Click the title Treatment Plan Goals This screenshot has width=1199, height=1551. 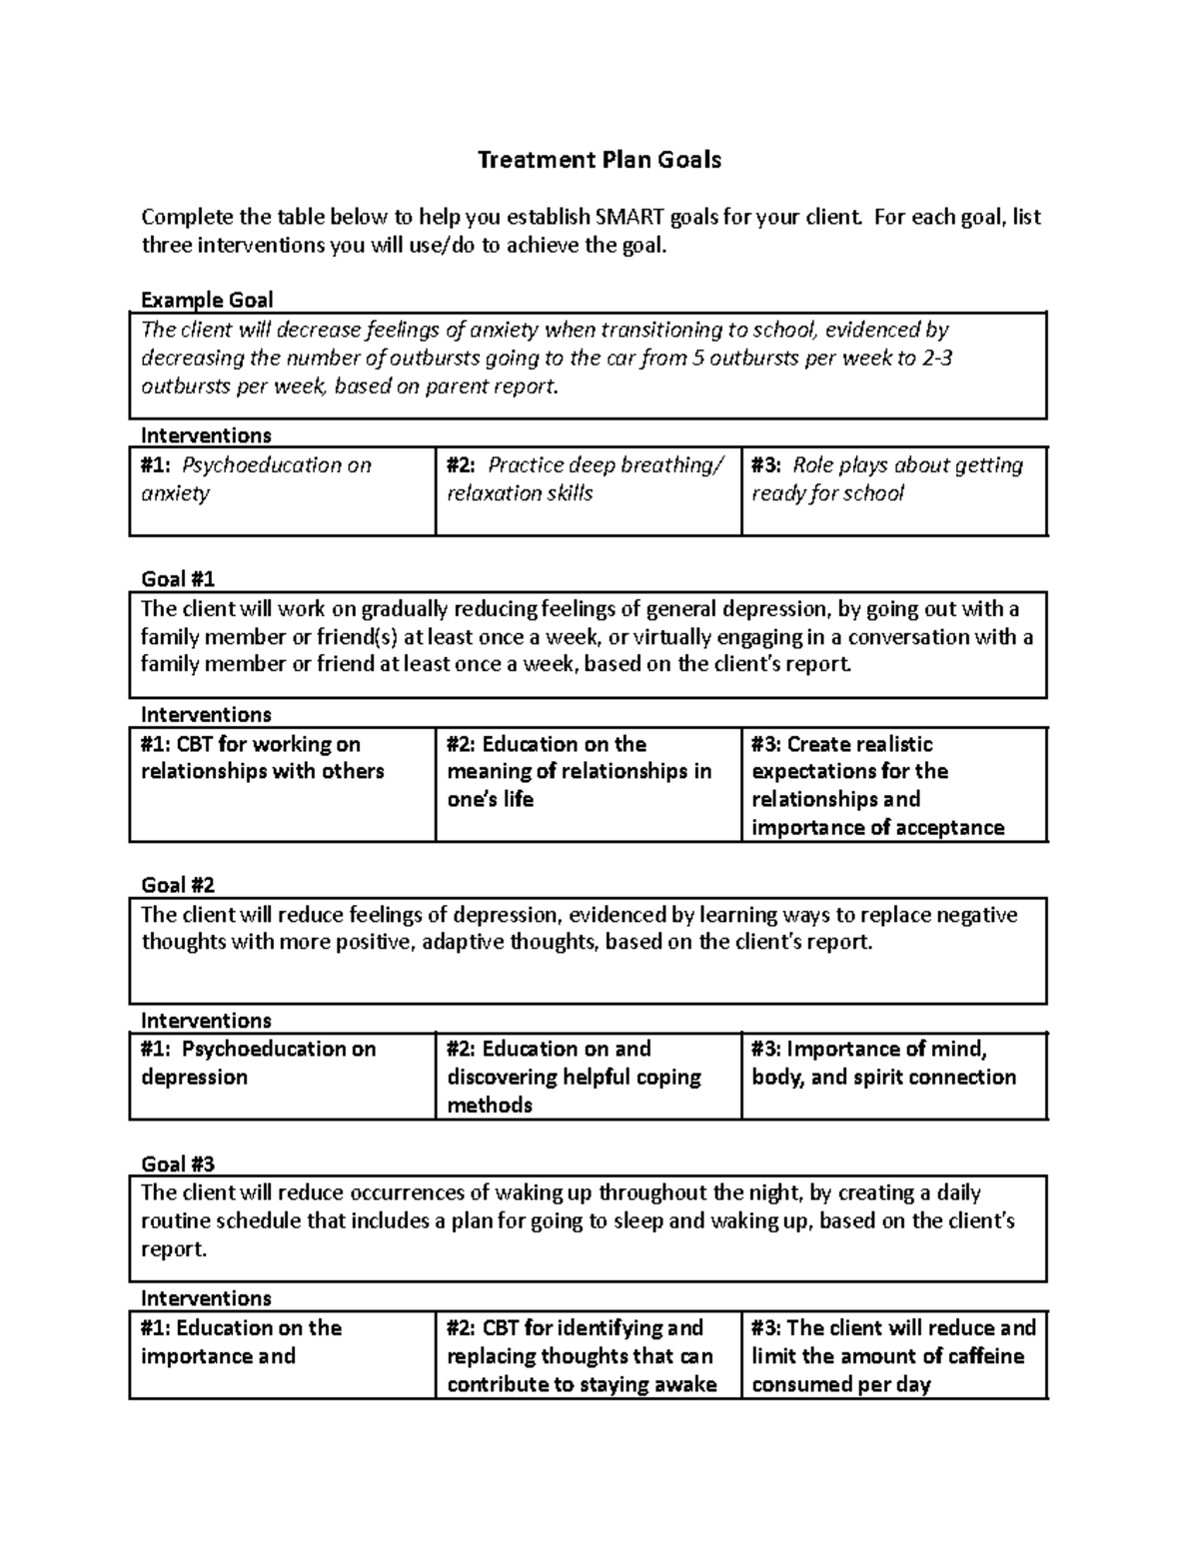[x=599, y=160]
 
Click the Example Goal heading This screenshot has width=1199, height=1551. [x=207, y=300]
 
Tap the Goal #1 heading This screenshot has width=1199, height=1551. [x=178, y=579]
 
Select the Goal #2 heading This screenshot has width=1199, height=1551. [x=178, y=885]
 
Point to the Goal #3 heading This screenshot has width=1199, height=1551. [x=178, y=1163]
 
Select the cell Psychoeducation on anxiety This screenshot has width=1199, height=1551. [x=282, y=490]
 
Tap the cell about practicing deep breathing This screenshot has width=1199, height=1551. [x=588, y=490]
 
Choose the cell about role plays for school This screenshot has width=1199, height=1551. [x=893, y=490]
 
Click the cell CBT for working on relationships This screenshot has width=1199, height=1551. [x=282, y=784]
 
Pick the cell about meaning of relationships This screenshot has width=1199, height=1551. [x=588, y=784]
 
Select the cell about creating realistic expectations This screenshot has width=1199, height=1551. [x=893, y=785]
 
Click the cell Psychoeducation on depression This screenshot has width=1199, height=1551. [x=282, y=1076]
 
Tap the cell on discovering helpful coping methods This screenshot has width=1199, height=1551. [x=588, y=1076]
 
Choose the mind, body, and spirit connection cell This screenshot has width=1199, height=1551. [x=893, y=1076]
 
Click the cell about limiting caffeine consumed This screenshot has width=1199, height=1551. [x=893, y=1355]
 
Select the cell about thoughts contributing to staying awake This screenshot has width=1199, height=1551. [x=588, y=1355]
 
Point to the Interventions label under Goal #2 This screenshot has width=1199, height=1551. [x=206, y=1021]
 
